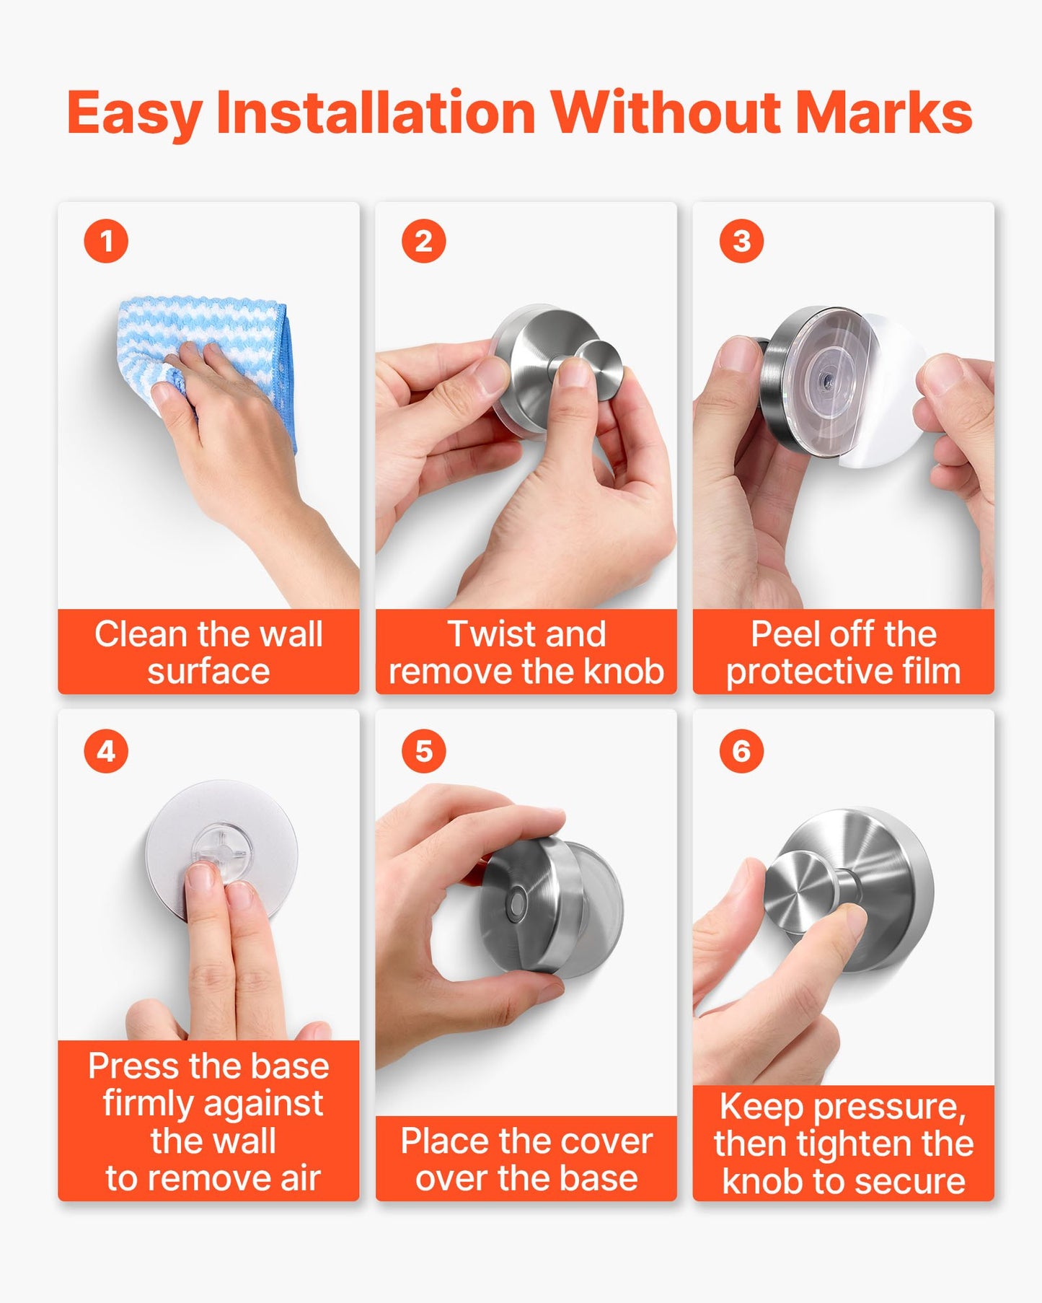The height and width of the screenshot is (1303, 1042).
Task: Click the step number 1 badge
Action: click(x=106, y=241)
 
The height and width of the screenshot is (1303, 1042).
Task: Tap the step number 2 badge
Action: click(x=424, y=241)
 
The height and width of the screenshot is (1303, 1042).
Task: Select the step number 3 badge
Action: click(x=741, y=241)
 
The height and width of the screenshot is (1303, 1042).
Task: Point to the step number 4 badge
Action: click(x=106, y=751)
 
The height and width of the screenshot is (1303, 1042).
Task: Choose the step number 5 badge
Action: click(x=424, y=751)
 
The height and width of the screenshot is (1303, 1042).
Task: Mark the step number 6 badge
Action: click(x=741, y=751)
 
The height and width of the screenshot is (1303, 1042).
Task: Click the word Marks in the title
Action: click(x=884, y=113)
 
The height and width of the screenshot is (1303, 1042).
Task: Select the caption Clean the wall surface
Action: click(x=208, y=652)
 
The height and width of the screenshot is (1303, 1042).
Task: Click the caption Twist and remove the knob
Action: click(x=526, y=652)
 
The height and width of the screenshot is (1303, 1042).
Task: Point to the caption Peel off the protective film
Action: click(x=844, y=652)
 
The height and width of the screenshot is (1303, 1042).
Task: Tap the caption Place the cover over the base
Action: click(x=526, y=1159)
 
